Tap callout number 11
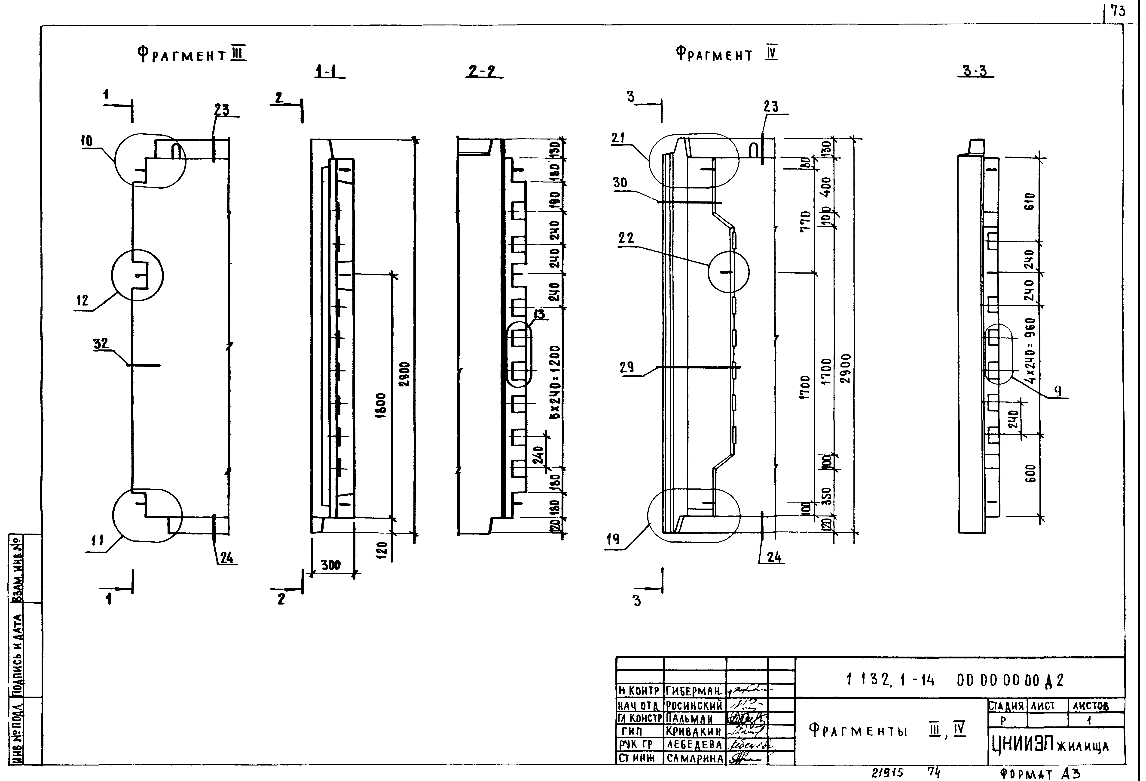coord(97,541)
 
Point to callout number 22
coord(626,238)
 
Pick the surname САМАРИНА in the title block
coord(694,758)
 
